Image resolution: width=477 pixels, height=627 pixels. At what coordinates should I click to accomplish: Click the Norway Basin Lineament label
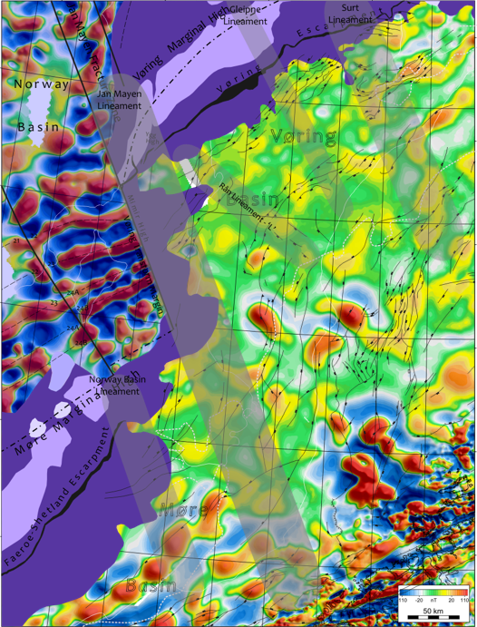pyautogui.click(x=114, y=385)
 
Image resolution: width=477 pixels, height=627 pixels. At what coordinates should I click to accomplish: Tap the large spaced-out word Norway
pyautogui.click(x=42, y=83)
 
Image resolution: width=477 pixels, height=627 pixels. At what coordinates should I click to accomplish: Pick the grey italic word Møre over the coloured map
pyautogui.click(x=185, y=511)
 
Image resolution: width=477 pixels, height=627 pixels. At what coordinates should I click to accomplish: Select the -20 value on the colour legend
pyautogui.click(x=418, y=599)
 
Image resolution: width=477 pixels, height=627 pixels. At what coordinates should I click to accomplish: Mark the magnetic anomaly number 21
pyautogui.click(x=16, y=240)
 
